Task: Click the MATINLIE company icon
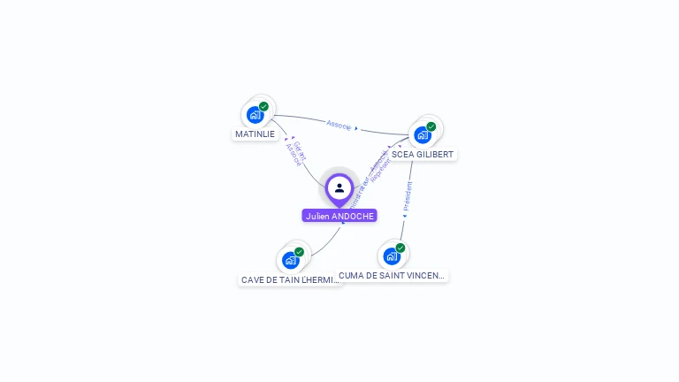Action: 256,114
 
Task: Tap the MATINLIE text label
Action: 255,134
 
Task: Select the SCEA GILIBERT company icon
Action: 423,134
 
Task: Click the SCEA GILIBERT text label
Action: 423,154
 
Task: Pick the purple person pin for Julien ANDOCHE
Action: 339,188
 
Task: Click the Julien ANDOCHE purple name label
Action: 339,216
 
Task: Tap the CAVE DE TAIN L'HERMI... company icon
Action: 291,260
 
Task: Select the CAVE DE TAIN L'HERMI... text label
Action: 290,279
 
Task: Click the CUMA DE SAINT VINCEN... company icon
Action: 392,256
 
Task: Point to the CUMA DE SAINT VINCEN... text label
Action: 392,276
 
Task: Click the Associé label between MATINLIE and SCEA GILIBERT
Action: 339,125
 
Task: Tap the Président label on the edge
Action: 407,195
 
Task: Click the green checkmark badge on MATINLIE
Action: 263,106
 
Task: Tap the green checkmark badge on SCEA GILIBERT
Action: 431,126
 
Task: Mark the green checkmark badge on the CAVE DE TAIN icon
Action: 299,252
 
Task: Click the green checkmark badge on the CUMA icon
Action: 400,248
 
